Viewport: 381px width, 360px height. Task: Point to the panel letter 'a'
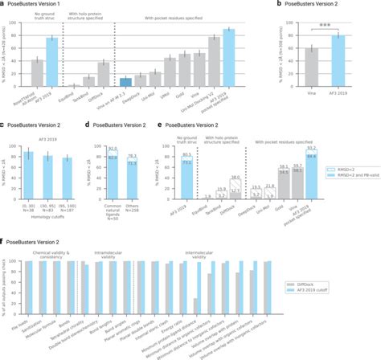[x=3, y=4]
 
